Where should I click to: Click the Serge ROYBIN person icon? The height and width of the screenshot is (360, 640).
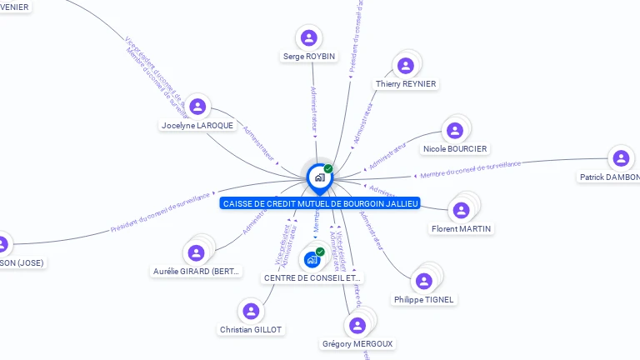tap(309, 37)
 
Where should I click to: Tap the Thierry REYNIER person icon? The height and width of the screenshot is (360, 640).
tap(406, 65)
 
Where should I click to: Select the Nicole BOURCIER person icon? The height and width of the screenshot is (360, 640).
tap(455, 130)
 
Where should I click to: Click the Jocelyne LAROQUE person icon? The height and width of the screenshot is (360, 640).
tap(197, 107)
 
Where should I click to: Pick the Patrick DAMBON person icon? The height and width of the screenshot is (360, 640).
tap(619, 157)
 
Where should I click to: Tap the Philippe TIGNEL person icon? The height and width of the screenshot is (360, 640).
tap(425, 280)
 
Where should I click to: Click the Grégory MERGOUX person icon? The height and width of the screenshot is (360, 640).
tap(357, 325)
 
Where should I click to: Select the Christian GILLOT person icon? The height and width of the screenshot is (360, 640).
tap(251, 311)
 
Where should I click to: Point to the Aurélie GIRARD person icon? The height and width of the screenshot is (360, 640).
tap(197, 252)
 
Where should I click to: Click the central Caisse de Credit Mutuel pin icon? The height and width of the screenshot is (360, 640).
tap(319, 177)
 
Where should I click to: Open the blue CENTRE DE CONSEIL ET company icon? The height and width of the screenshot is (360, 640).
tap(312, 259)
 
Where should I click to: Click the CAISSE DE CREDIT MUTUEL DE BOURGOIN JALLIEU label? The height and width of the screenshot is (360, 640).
tap(320, 203)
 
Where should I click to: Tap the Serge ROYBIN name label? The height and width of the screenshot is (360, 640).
tap(309, 57)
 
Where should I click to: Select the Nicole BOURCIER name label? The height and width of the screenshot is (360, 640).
tap(455, 149)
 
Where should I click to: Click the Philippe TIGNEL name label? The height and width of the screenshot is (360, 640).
tap(425, 299)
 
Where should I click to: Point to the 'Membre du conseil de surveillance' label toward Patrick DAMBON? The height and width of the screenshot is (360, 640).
tap(471, 170)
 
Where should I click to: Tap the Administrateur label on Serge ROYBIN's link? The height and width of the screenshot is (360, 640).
tap(313, 110)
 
